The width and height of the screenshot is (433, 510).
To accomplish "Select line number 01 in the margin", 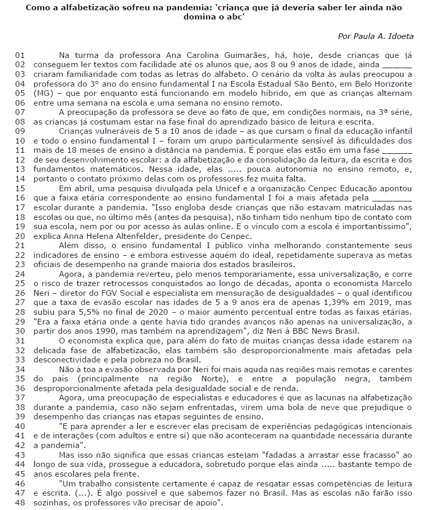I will tap(20, 55).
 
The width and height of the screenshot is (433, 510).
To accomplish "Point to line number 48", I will tap(20, 502).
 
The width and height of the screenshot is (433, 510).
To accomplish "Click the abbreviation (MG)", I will tap(43, 93).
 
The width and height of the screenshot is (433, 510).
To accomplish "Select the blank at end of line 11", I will tap(397, 150).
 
